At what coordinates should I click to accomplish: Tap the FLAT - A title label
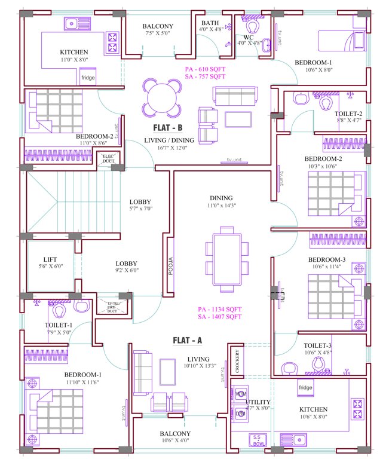click(188, 341)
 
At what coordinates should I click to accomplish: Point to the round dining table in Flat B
click(161, 99)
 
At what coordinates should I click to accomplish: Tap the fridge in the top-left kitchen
click(88, 77)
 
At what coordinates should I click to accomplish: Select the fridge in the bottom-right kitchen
click(305, 388)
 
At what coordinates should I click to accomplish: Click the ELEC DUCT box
click(109, 159)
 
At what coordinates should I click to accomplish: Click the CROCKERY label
click(237, 360)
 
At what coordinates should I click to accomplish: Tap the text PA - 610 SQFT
click(205, 69)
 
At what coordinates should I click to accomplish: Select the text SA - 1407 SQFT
click(219, 317)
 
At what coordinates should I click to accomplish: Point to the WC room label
click(249, 36)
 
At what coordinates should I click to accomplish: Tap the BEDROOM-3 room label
click(326, 259)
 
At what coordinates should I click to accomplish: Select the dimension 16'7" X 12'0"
click(166, 148)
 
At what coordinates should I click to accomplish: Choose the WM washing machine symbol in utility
click(241, 396)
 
